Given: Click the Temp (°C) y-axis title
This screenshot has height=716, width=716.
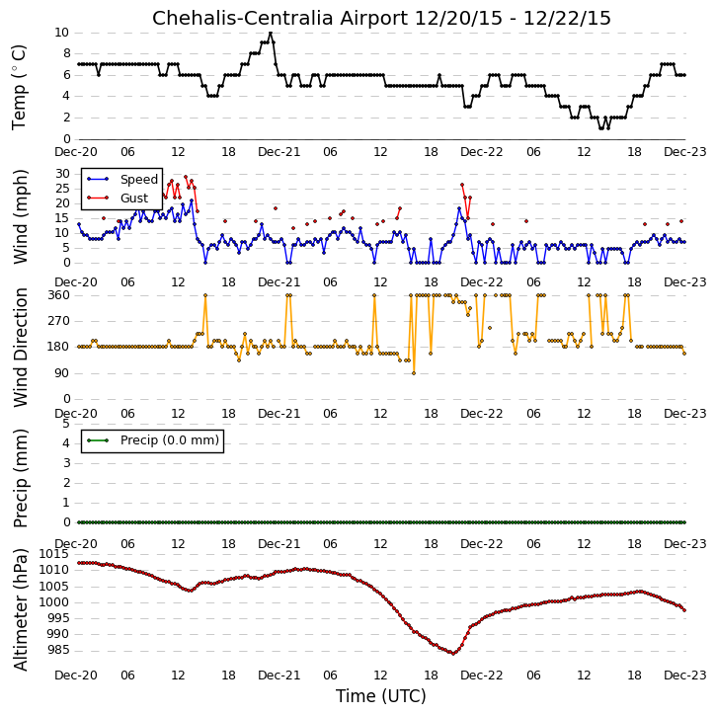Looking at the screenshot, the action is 19,87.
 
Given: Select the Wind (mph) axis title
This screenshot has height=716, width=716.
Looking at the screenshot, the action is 20,216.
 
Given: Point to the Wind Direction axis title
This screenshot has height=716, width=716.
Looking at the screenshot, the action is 20,347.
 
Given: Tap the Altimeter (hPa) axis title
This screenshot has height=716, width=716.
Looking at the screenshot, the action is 20,609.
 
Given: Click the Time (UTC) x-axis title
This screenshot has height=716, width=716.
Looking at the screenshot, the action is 381,696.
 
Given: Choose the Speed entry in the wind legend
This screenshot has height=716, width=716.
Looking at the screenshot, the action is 122,180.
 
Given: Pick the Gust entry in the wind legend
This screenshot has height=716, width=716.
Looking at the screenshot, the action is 118,198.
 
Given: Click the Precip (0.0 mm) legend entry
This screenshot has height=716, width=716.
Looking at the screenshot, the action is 153,440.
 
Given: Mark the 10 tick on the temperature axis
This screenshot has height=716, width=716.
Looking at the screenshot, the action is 61,33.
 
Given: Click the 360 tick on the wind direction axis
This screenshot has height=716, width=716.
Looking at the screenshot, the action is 59,295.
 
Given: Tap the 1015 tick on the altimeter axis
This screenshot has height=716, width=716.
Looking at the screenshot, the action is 54,554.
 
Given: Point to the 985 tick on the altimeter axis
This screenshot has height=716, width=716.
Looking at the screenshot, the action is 57,650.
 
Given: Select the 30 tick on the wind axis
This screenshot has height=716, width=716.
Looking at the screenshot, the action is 62,174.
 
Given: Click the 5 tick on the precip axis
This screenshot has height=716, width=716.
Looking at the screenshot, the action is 66,424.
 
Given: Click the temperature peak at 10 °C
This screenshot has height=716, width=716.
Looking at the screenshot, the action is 271,33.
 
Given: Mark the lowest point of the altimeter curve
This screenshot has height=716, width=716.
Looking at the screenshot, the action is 453,654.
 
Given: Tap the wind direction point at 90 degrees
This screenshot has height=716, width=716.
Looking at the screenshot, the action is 414,373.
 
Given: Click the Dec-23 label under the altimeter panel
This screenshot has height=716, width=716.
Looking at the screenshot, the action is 685,675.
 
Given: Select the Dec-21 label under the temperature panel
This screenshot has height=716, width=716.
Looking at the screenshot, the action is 279,152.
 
